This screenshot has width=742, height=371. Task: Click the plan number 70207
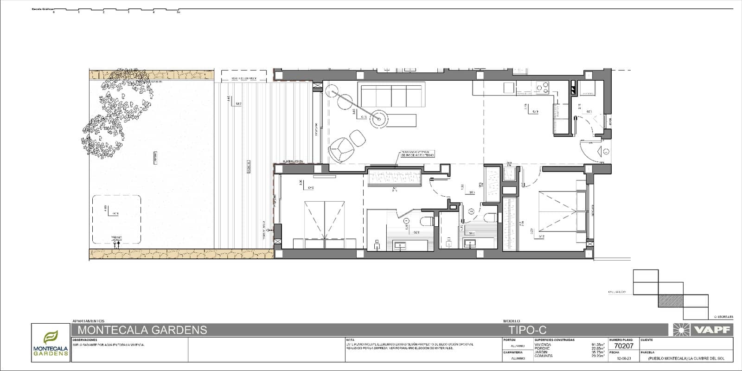pyautogui.click(x=624, y=345)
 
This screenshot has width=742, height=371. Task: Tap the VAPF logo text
pyautogui.click(x=712, y=330)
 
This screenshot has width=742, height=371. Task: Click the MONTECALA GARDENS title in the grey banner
pyautogui.click(x=142, y=330)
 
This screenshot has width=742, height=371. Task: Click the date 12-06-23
pyautogui.click(x=624, y=358)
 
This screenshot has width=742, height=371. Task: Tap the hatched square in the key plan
pyautogui.click(x=671, y=301)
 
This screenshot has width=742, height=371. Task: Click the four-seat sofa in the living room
pyautogui.click(x=391, y=95)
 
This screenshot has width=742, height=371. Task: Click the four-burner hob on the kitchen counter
pyautogui.click(x=542, y=87)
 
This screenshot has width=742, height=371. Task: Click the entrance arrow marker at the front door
pyautogui.click(x=606, y=151)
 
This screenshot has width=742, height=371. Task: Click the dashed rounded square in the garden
pyautogui.click(x=116, y=219)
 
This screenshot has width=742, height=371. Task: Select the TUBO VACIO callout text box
pyautogui.click(x=418, y=154)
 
